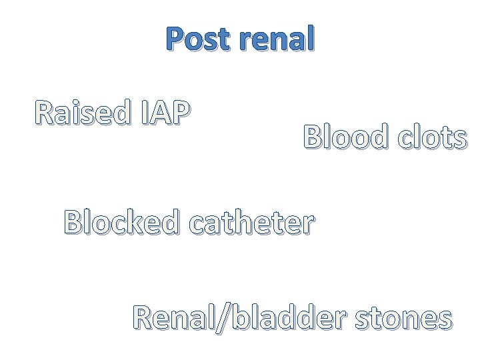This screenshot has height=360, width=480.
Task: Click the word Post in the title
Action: [197, 41]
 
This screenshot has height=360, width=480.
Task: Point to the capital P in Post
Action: [176, 41]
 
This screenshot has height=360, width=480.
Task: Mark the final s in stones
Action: [444, 319]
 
